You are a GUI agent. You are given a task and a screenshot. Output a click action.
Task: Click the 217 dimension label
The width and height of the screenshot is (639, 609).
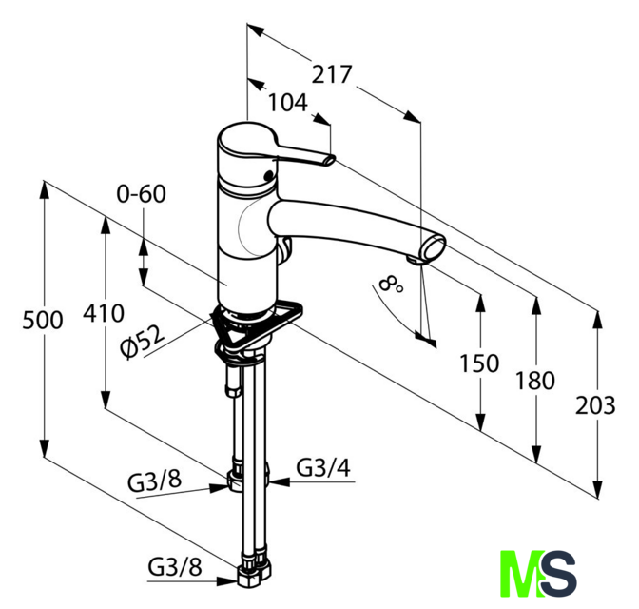coord(331,74)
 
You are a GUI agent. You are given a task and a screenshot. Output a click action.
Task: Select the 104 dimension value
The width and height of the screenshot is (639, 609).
coord(288,103)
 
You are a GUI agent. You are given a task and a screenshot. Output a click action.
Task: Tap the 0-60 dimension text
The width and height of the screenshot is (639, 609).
coord(142,194)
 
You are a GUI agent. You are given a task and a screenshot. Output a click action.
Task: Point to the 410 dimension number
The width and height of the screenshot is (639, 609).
coord(104,313)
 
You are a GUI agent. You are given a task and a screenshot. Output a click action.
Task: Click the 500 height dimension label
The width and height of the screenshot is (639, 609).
coord(43,320)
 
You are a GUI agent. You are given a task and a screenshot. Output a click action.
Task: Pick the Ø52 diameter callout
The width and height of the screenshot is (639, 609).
coord(144,342)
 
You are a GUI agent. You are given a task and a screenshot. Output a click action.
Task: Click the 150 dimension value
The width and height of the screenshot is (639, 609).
coord(479,363)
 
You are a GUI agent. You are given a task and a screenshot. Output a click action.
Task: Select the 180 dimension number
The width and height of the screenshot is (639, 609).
coord(535,381)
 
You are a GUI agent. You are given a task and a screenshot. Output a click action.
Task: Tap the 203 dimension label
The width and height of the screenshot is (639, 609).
coord(595,405)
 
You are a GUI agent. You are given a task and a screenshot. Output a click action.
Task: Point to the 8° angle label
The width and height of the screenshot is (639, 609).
coord(391,285)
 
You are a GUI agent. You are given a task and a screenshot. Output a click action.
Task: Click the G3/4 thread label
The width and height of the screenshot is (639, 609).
coord(323,468)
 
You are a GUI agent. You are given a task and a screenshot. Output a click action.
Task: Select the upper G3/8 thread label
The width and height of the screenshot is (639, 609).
coord(154,481)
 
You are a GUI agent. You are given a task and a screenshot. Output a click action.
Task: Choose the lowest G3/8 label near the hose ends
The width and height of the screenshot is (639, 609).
coord(175,566)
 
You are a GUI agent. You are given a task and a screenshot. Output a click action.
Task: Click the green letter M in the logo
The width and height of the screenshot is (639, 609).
coord(519,574)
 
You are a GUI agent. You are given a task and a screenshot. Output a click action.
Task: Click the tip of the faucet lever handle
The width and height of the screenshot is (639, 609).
coord(330,160)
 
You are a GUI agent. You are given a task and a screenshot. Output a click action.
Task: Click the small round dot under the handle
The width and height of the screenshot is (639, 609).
coord(268,176)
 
